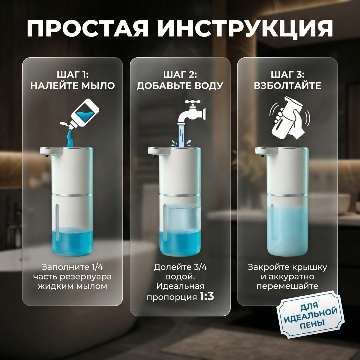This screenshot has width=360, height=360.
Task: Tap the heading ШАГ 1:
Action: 73,75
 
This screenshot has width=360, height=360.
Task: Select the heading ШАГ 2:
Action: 180,75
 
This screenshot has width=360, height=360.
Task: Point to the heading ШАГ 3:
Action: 287,75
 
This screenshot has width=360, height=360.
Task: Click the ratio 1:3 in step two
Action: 207,297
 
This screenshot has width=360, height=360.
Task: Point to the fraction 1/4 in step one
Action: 97,267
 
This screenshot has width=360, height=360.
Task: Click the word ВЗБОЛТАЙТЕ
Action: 287,85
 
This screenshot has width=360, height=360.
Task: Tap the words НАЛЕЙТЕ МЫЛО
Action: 73,85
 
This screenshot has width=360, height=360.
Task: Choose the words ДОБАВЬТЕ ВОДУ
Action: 180,85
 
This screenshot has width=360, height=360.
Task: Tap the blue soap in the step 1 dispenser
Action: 73,241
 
